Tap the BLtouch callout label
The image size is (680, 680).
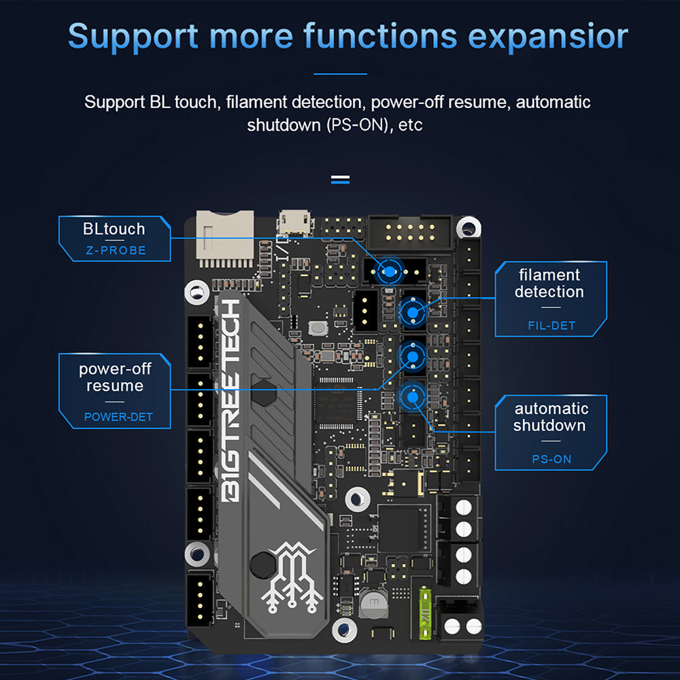pyautogui.click(x=114, y=228)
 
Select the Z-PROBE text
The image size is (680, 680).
pyautogui.click(x=116, y=250)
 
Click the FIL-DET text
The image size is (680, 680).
pyautogui.click(x=551, y=326)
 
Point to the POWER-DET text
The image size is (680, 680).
pyautogui.click(x=118, y=417)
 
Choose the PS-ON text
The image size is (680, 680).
pyautogui.click(x=551, y=460)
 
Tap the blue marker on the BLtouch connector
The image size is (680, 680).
pyautogui.click(x=388, y=272)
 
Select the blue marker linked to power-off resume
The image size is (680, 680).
pyautogui.click(x=411, y=355)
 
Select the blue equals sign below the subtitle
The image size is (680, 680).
pyautogui.click(x=340, y=180)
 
